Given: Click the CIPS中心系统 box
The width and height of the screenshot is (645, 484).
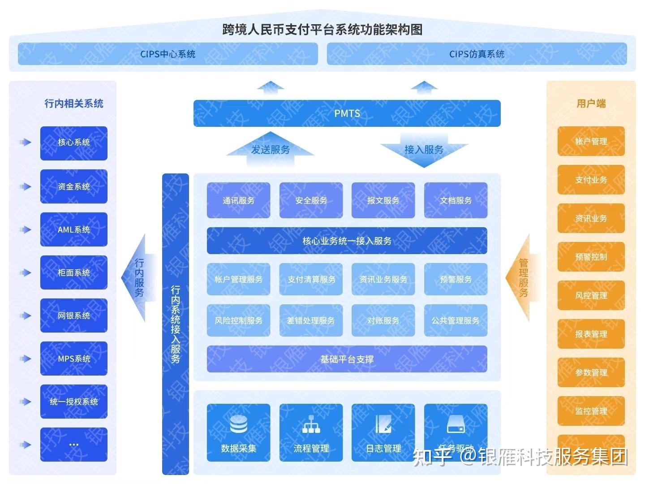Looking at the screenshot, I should tap(168, 54).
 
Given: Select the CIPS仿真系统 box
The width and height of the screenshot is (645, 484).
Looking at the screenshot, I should tap(477, 54).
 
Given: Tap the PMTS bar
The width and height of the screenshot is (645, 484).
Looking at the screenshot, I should tap(347, 113).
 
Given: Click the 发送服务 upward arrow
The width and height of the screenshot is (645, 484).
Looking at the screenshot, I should tap(270, 148).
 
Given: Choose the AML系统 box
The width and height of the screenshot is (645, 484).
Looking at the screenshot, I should tap(74, 229).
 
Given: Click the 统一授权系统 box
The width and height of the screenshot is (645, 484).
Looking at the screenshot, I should tap(74, 402).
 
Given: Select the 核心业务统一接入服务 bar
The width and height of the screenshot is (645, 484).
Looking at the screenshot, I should tap(347, 241).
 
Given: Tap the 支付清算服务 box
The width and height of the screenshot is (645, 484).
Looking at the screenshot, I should tap(311, 279).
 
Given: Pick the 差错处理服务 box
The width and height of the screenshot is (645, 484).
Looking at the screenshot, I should tap(311, 320).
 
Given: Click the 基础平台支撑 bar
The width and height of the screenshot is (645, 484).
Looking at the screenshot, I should tap(347, 359).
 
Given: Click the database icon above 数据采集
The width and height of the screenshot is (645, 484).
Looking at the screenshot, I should tap(238, 424).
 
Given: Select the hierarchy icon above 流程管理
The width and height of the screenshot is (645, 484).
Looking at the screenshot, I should tap(311, 424).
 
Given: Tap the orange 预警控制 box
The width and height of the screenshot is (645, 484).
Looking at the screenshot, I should tap(591, 257).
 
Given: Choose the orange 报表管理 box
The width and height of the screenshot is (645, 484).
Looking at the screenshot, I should tap(591, 334).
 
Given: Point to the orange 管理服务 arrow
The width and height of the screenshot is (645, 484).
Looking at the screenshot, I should tap(522, 278).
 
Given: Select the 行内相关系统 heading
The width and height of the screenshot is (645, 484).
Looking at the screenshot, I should tap(74, 104).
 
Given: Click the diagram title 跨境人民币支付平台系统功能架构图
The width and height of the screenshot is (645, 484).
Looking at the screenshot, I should tap(322, 30).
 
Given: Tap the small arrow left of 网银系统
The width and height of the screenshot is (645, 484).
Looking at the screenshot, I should tap(25, 315).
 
